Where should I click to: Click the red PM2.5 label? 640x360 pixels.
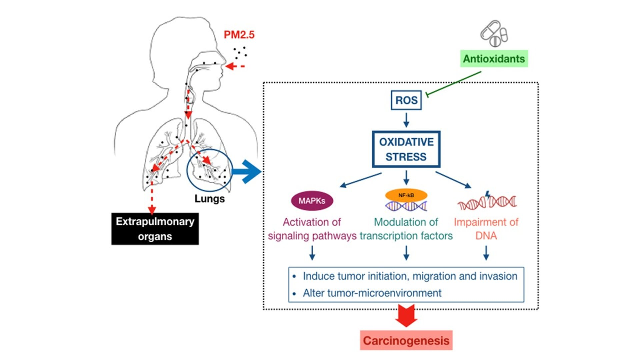click(239, 35)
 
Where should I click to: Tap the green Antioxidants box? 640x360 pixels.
click(494, 59)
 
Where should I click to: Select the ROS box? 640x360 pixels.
click(406, 100)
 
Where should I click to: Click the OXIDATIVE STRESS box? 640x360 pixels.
click(406, 149)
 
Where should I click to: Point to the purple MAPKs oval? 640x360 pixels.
click(312, 201)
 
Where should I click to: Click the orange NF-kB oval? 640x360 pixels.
click(406, 195)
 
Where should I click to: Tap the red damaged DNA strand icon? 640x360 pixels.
click(487, 201)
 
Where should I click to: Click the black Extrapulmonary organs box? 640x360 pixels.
click(155, 229)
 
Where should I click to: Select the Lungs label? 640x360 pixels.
click(209, 199)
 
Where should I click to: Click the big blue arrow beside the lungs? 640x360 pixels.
click(247, 172)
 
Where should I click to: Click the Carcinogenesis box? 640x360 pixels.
click(406, 340)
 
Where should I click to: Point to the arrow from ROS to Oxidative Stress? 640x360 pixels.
click(406, 120)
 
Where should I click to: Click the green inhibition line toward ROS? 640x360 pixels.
click(453, 83)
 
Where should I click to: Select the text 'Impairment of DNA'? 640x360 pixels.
click(486, 229)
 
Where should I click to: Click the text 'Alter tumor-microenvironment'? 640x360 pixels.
click(372, 293)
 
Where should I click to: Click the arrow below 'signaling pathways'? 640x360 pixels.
click(312, 253)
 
